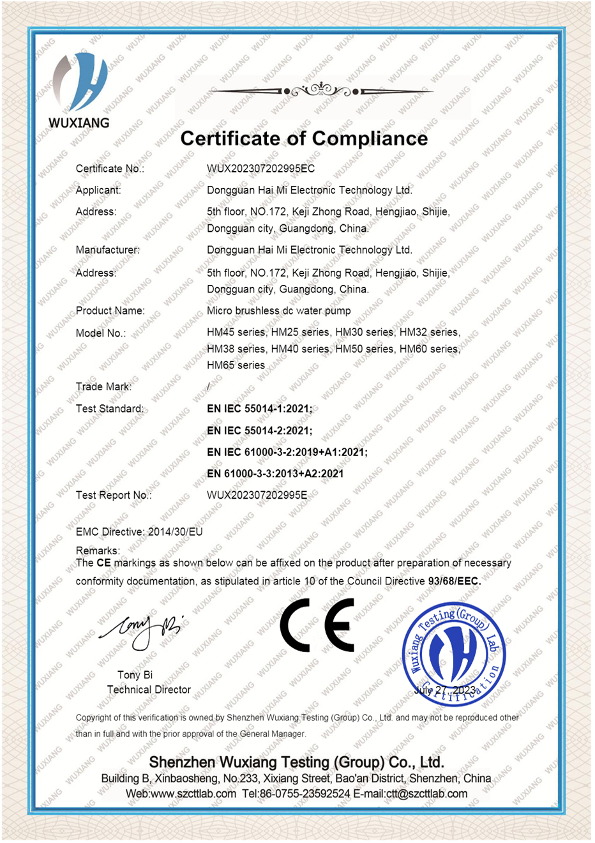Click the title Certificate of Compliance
[304, 139]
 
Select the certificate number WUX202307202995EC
[260, 169]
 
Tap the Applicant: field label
[98, 190]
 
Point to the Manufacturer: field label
[107, 250]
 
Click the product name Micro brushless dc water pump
[278, 311]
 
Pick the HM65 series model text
[236, 365]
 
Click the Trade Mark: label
[103, 386]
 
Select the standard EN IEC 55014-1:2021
[259, 409]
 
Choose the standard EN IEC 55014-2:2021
[259, 430]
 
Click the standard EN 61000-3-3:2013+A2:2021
[275, 474]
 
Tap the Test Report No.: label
[114, 495]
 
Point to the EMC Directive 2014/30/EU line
[139, 532]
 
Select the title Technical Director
[149, 690]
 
